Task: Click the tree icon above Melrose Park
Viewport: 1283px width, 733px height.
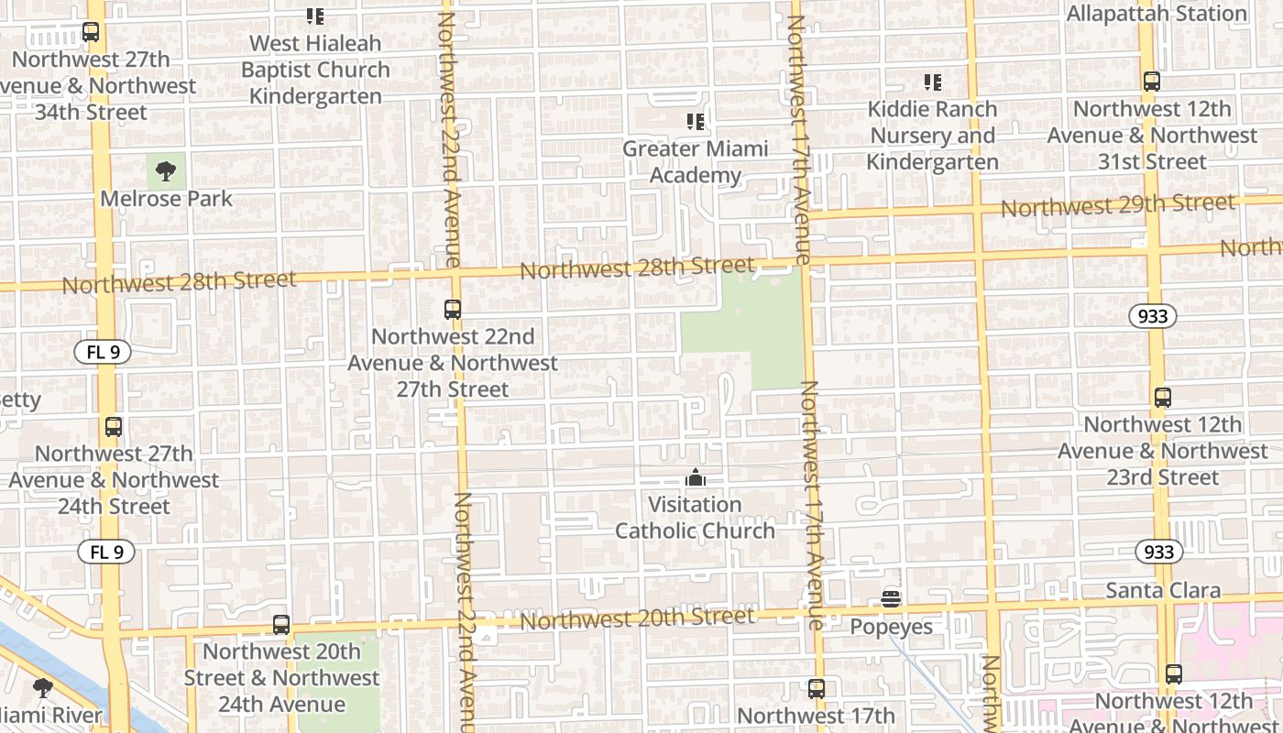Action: pos(166,170)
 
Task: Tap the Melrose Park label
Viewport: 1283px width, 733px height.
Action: pos(166,198)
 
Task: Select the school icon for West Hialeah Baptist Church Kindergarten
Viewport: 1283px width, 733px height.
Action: pos(315,16)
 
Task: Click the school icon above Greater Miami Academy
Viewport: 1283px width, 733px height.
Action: pos(696,121)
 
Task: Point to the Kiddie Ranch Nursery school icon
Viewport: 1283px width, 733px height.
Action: pos(933,82)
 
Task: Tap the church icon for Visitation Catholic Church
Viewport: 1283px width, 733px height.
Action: pos(696,477)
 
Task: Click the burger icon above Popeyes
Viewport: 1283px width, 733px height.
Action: pos(891,599)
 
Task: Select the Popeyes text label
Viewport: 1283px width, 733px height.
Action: pos(891,627)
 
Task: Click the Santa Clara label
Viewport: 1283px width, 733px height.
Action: pos(1163,590)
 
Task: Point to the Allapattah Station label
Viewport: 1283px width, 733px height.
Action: pos(1157,14)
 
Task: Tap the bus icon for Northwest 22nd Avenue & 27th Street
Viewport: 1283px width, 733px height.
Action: pos(453,309)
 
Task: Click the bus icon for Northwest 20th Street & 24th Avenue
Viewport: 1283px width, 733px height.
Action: pos(281,625)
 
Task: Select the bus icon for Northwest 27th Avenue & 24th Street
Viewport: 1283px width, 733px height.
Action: pos(114,426)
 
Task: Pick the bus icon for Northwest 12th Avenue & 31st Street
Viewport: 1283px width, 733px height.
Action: pos(1152,82)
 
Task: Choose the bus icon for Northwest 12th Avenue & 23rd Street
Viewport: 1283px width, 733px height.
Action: pos(1163,398)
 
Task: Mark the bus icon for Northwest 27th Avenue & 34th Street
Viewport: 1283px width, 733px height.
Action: pos(91,32)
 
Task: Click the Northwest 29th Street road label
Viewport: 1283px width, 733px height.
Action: pos(1117,205)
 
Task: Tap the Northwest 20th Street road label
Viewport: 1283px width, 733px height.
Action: pos(638,619)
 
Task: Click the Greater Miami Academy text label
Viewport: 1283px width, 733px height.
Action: pos(696,162)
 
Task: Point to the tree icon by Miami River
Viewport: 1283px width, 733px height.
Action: pos(42,687)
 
